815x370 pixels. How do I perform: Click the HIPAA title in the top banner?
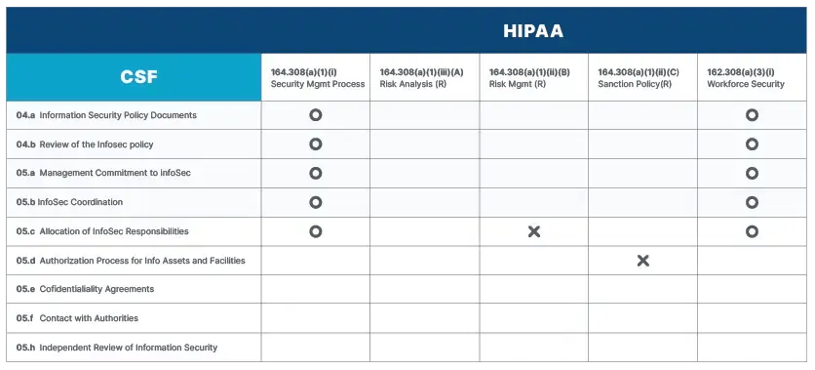[533, 30]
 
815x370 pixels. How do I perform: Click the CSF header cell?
[134, 77]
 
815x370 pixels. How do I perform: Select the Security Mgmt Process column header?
[317, 78]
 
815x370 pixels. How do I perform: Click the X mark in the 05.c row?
[534, 231]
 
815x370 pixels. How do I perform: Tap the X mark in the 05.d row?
[642, 261]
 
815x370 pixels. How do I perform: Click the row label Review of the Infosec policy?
[96, 144]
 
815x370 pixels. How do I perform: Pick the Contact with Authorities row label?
[89, 318]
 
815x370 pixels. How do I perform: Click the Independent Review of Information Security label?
[128, 348]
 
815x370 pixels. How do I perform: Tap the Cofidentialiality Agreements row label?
[97, 289]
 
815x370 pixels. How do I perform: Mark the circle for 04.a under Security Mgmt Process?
[315, 115]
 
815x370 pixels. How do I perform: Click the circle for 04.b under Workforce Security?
[752, 144]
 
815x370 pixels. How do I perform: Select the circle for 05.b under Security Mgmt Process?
[315, 202]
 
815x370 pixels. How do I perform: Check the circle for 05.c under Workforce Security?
[752, 231]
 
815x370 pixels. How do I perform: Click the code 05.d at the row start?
[25, 261]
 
